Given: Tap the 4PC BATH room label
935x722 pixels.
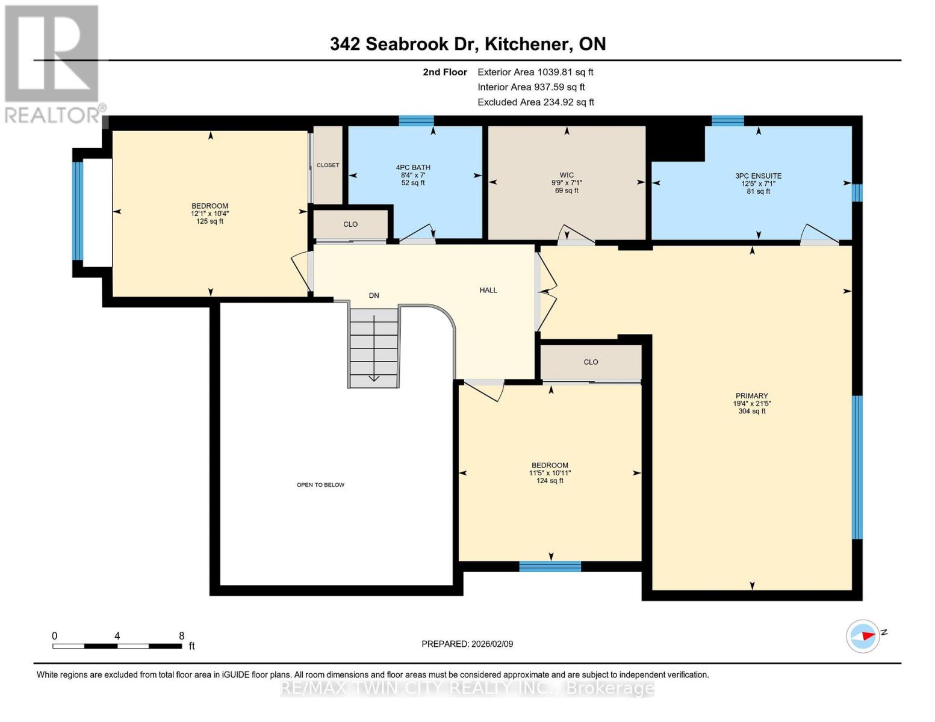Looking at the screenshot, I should pos(413,168).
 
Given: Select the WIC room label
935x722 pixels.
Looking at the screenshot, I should pos(567,175).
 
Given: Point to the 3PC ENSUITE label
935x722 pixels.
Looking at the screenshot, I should pos(758,176).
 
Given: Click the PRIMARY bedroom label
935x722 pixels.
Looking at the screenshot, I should pos(751,396).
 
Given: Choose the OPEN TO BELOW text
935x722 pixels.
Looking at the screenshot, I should pos(320,485).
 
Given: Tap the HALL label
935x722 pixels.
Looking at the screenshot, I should pos(488,290).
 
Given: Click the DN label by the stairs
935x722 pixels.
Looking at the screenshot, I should pos(374,295).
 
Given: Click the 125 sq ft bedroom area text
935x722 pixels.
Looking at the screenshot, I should pos(210,221).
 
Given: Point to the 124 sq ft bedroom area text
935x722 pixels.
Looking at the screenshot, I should pos(550,481).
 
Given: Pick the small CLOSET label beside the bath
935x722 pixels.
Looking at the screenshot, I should pos(328,165).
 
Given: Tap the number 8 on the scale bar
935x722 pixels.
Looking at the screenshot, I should pos(181,636).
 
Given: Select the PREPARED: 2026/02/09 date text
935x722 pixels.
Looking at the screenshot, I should pos(467,644).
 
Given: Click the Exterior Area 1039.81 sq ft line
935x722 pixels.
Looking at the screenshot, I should pos(535,72).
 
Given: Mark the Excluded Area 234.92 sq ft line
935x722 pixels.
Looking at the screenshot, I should pos(535,102).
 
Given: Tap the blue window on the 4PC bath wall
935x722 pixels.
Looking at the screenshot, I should pos(416,120).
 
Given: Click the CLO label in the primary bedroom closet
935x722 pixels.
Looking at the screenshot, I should pos(591,362).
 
